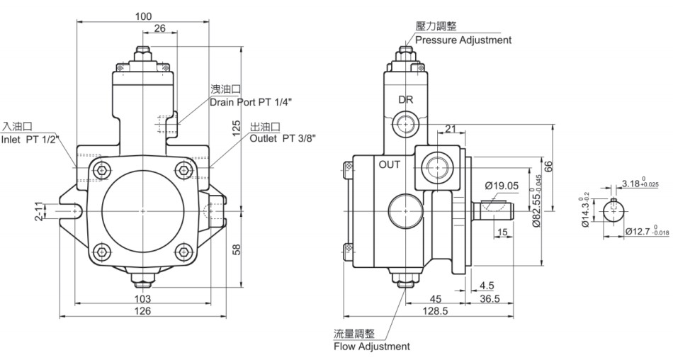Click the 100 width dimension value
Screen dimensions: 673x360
tap(143, 17)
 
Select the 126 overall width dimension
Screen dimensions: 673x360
tap(142, 310)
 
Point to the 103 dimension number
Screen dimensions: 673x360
tap(142, 298)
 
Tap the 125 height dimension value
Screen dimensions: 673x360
tap(237, 129)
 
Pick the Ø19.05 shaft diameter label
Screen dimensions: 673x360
tap(502, 186)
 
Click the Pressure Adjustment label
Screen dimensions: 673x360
tap(463, 40)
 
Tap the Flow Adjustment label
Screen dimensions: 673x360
tap(372, 347)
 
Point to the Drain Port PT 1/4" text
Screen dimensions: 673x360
tap(251, 102)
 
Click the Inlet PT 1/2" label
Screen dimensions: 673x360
tap(30, 139)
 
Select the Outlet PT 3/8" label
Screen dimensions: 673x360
tap(283, 138)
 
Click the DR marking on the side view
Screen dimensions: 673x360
tap(406, 100)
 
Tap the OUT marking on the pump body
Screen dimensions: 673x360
tap(390, 164)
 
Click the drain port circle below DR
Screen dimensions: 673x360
tap(405, 125)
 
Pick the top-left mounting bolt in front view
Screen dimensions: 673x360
tap(102, 170)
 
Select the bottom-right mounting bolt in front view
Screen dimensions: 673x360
tap(183, 252)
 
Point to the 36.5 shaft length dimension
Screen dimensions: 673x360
tap(490, 298)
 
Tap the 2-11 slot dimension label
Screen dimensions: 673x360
tap(40, 211)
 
